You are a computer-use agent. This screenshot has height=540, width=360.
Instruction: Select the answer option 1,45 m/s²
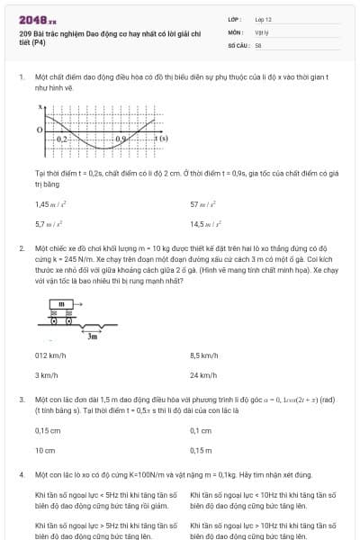pos(48,204)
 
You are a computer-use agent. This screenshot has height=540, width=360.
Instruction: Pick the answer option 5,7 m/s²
pos(47,223)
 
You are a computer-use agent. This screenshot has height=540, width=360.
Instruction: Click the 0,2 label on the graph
pos(60,139)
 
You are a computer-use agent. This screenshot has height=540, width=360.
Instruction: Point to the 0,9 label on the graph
pos(122,139)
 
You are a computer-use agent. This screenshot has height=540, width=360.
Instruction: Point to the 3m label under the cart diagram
pos(92,336)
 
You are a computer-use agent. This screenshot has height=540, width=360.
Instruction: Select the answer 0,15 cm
pos(47,430)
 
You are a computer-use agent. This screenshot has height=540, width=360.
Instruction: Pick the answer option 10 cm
pos(44,449)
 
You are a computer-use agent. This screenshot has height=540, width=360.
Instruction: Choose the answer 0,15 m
pos(201,449)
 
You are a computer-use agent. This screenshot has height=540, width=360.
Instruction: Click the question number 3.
pos(21,398)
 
